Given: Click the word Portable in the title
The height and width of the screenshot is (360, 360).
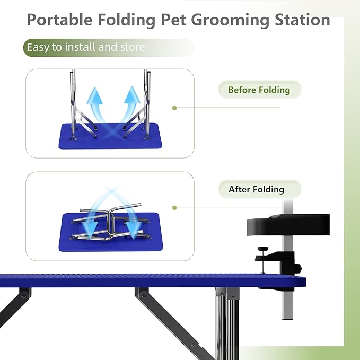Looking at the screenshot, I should click(x=59, y=20).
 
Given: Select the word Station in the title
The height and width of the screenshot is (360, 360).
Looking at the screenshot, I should click(x=298, y=20).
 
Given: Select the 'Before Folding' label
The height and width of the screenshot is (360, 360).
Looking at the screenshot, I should click(x=259, y=90).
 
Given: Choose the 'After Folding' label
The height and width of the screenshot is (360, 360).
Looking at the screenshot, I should click(x=256, y=189).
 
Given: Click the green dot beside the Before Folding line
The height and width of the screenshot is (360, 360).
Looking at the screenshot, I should click(x=174, y=108).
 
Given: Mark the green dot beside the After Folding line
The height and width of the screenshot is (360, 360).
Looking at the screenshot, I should click(x=174, y=208).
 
